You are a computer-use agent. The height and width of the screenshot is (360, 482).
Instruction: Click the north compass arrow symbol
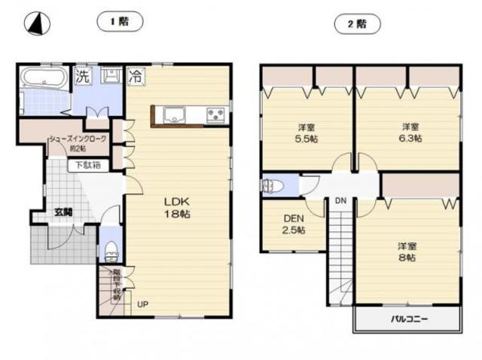pos(35,24)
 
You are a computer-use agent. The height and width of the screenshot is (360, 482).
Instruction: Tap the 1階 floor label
pos(120,23)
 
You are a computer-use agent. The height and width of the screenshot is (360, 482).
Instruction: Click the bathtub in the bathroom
pos(44,78)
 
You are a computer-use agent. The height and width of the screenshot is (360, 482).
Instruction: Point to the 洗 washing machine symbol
pos(81,75)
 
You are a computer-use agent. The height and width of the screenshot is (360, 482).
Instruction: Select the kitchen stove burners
pos(217,115)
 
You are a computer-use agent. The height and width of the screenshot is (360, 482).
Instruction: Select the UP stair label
pos(142,305)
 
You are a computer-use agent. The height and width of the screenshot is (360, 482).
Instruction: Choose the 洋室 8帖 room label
pos(407,252)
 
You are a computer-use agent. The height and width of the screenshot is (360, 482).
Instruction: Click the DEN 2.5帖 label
pos(294,224)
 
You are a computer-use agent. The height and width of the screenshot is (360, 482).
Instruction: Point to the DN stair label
pos(340,201)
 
